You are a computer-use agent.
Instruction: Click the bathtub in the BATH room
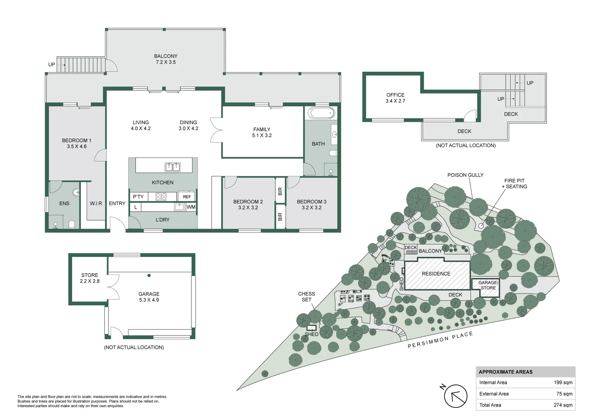tap(321, 113)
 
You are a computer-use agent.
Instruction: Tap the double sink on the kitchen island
tap(173, 167)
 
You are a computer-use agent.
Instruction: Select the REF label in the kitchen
tap(187, 197)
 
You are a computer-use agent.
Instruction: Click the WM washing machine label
tap(191, 207)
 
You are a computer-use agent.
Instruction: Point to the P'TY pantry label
tap(138, 197)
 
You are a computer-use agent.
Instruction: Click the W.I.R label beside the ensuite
tap(96, 203)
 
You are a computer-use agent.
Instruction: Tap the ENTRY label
tap(117, 203)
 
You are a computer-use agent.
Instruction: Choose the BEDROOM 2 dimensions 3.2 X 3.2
tap(248, 208)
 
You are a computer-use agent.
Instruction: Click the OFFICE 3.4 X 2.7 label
tap(395, 98)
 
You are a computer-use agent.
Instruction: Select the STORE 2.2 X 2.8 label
tap(90, 278)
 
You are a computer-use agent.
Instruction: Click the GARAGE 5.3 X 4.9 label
tap(149, 297)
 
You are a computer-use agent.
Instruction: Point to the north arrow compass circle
tap(456, 396)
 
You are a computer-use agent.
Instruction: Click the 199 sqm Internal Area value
tap(563, 383)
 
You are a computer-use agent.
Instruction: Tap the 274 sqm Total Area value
tap(563, 405)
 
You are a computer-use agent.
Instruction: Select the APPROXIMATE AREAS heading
tap(506, 372)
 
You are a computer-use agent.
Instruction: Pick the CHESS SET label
tap(307, 297)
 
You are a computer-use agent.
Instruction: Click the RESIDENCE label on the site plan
tap(436, 274)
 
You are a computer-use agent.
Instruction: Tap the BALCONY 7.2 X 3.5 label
tap(166, 59)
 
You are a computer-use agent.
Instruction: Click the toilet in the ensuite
tap(72, 225)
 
